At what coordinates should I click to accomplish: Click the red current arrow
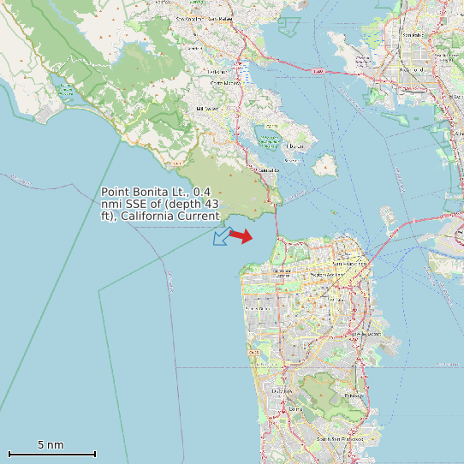pos(241,236)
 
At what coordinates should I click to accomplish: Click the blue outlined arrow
pos(222,235)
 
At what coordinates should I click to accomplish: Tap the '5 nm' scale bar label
pos(51,445)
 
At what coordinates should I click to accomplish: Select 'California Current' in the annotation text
pos(170,216)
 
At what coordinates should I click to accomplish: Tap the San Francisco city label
pos(350,265)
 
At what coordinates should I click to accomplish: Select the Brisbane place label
pos(353,396)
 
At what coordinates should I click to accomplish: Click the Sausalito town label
pos(268,170)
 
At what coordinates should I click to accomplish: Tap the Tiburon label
pos(294,146)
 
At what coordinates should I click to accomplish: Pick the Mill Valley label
pos(207,109)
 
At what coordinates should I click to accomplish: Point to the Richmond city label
pos(413,34)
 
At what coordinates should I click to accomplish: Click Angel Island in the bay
pos(324,164)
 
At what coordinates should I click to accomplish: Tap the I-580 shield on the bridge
pos(318,72)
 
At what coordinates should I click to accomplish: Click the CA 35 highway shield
pos(253,352)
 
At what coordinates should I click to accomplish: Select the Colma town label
pos(295,409)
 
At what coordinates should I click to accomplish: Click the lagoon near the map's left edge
pos(65,88)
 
